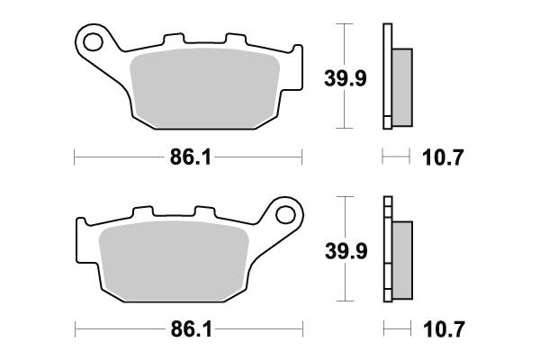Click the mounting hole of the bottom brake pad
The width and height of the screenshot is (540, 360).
[287, 214]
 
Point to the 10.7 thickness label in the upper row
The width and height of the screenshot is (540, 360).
[442, 159]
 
